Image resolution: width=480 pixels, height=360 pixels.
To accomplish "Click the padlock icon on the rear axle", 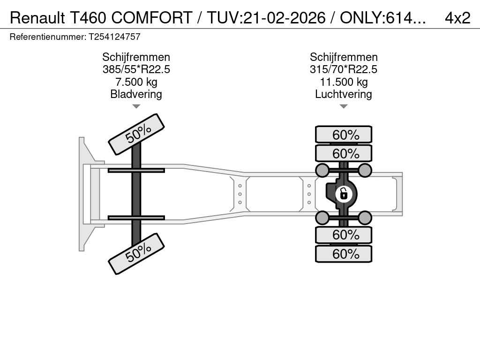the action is (x=344, y=194).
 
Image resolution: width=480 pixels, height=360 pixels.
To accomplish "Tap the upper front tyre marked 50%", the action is (x=136, y=135).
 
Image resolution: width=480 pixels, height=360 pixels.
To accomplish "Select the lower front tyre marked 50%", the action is (x=136, y=254).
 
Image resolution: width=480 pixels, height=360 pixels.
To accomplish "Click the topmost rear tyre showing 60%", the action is (x=344, y=135).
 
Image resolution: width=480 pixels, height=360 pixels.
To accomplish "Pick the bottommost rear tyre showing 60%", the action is (x=344, y=254).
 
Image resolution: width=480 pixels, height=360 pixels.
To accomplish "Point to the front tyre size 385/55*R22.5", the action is (x=136, y=69).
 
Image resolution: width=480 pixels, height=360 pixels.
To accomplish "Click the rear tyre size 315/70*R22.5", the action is (x=344, y=69).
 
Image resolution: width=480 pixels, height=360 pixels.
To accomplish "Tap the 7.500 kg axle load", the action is (x=136, y=82).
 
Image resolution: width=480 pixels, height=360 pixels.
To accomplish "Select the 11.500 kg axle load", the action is (x=344, y=82).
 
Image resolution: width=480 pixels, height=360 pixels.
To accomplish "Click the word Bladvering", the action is (x=136, y=94).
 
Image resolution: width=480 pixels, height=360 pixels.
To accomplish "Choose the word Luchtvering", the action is (x=344, y=94).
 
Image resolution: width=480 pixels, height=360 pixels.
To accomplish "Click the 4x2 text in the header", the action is (x=457, y=18).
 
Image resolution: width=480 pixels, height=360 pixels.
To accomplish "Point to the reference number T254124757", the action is (x=114, y=37).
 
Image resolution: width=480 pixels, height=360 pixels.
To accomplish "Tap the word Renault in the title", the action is (x=37, y=18).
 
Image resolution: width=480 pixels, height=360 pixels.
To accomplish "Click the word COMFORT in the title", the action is (x=152, y=18).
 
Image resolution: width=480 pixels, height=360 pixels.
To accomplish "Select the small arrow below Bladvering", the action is (x=136, y=106).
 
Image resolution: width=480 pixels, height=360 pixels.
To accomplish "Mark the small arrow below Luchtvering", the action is (x=344, y=106).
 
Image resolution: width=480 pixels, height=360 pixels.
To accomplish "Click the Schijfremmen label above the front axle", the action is (x=136, y=57).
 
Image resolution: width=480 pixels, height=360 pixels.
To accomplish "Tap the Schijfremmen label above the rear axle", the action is (x=344, y=57).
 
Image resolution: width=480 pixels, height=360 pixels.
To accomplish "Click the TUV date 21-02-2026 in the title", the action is (x=285, y=18).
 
